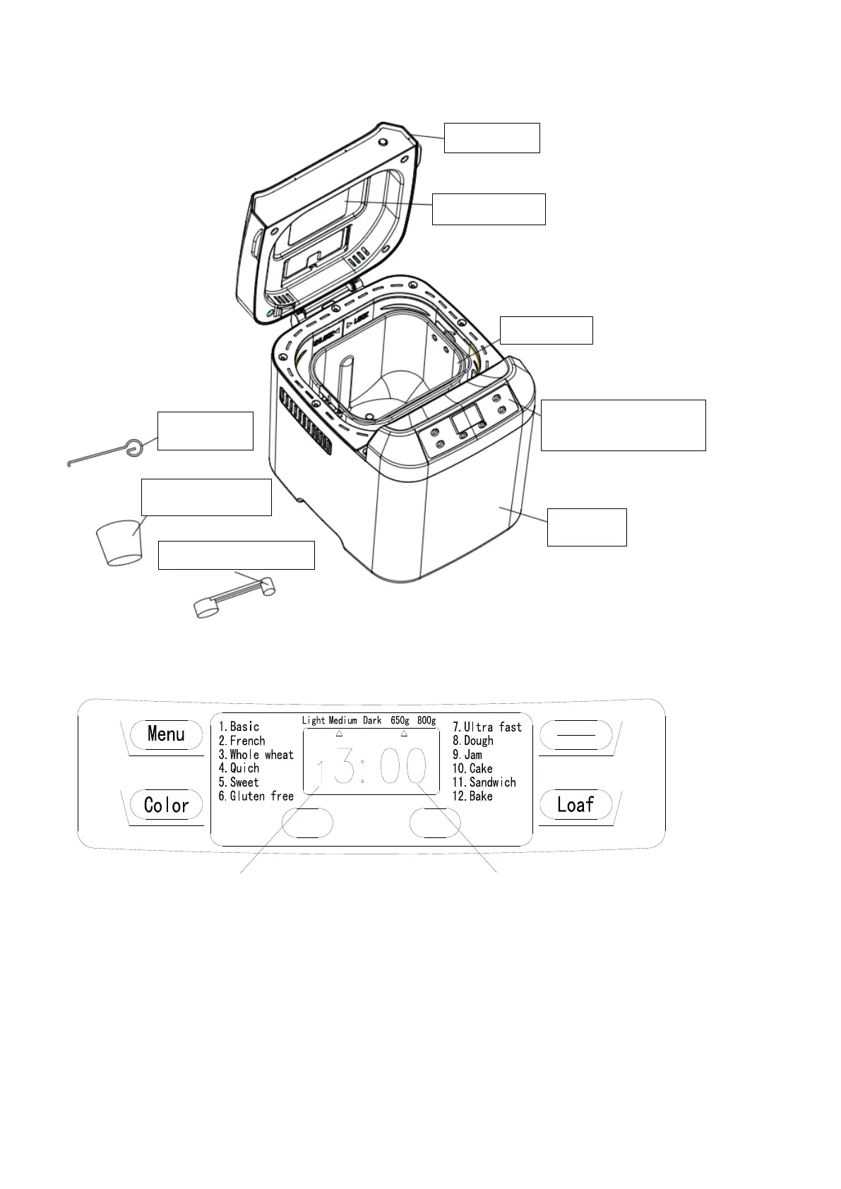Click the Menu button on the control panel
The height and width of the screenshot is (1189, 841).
166,734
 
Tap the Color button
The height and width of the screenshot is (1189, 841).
166,805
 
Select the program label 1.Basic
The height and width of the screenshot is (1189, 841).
239,727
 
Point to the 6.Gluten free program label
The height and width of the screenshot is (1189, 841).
256,796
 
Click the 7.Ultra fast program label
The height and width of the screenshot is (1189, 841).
487,727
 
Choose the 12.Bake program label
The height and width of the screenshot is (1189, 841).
472,796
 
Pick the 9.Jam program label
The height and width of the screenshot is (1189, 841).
467,755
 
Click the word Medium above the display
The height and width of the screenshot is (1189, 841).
342,721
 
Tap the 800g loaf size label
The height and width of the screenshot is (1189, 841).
426,721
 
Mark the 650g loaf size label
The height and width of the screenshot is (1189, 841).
400,721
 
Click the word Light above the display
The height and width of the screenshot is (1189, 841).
314,721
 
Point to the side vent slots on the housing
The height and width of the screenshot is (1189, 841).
305,421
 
